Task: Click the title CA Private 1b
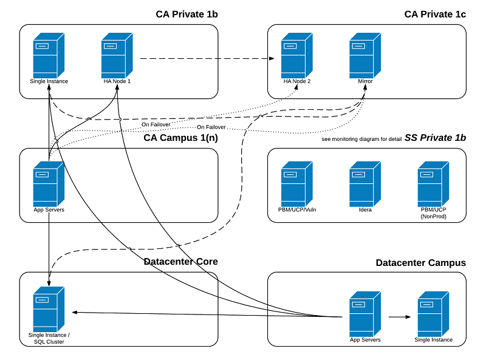pyautogui.click(x=186, y=14)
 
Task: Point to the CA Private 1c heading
pyautogui.click(x=435, y=14)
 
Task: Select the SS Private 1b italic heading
pyautogui.click(x=435, y=138)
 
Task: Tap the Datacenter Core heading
pyautogui.click(x=180, y=262)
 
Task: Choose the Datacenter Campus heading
pyautogui.click(x=420, y=263)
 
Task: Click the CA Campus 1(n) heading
pyautogui.click(x=180, y=138)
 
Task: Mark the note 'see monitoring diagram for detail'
pyautogui.click(x=361, y=139)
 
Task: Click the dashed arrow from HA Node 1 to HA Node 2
pyautogui.click(x=207, y=59)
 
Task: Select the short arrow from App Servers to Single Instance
pyautogui.click(x=399, y=317)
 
